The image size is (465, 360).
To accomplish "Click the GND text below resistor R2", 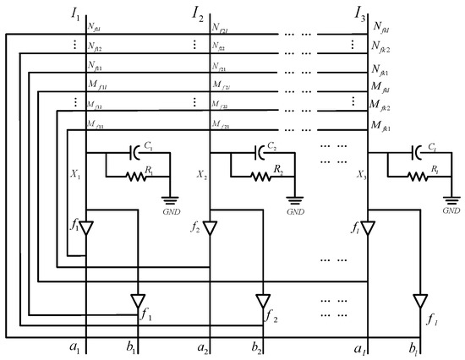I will point(295,213).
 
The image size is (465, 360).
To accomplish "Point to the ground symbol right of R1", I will point(172,200).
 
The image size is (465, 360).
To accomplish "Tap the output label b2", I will point(255,347).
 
